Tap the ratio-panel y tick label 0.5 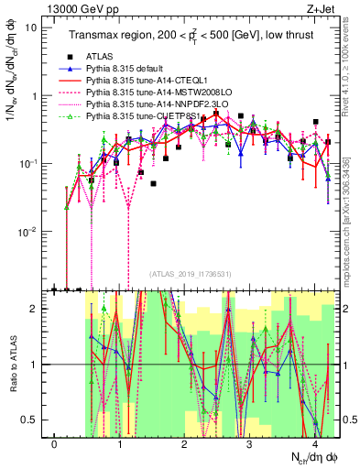coord(35,420)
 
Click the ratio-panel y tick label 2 coord(38,309)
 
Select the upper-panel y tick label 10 coord(32,27)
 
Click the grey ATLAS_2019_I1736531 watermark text coord(191,274)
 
